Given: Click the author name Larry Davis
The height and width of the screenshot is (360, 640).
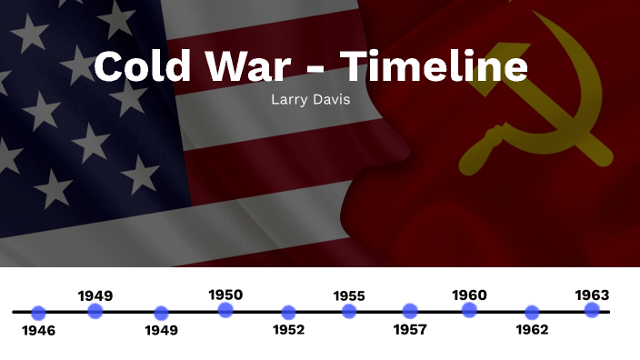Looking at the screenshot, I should click(311, 99).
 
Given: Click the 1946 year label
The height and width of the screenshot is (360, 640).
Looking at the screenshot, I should click(38, 331).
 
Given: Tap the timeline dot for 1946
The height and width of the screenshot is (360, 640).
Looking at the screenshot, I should click(38, 313).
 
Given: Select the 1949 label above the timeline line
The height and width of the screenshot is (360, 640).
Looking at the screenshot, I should click(95, 295).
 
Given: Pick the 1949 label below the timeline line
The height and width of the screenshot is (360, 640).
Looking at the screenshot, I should click(162, 330).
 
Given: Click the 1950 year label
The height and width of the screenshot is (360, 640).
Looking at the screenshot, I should click(225, 295).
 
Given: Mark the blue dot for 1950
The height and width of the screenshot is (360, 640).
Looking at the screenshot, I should click(225, 311).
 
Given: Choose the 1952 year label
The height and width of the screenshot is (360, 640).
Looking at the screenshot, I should click(289, 330).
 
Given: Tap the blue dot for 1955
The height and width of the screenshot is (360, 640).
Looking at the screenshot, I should click(349, 312).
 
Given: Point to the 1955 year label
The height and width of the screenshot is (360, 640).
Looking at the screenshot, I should click(349, 295).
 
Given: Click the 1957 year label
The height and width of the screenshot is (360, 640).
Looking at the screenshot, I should click(410, 330).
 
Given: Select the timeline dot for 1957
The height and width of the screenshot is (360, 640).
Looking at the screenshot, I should click(410, 311).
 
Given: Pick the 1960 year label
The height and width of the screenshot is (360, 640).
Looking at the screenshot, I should click(469, 295).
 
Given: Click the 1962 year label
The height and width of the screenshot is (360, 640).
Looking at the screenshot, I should click(532, 330).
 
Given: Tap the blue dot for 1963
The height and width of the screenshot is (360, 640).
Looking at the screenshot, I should click(592, 311).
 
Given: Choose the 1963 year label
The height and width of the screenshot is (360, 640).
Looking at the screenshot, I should click(592, 295).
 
